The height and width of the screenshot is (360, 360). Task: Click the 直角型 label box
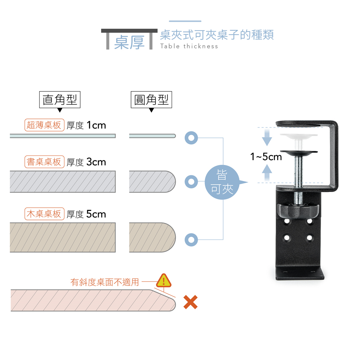pos(60,100)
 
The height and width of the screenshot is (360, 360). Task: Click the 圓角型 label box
pos(151,100)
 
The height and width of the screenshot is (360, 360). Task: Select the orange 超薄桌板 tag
pos(44,125)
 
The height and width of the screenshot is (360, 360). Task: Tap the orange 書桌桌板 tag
pos(44,162)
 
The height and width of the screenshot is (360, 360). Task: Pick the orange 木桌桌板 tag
pos(44,214)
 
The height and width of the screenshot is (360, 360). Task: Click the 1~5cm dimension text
pos(266,157)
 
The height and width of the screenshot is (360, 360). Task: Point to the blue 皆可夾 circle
pos(222,182)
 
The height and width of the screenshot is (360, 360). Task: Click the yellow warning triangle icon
pos(164,280)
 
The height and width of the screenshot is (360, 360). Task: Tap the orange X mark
pos(190,302)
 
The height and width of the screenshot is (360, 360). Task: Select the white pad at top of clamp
pos(298,136)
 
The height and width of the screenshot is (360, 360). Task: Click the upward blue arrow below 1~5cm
pos(266,173)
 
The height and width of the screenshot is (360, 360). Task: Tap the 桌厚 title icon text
pos(129,42)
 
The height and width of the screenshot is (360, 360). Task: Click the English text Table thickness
pos(189,46)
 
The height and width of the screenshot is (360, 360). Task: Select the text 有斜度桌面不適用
pos(104,282)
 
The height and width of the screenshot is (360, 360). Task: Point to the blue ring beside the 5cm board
pos(191,239)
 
